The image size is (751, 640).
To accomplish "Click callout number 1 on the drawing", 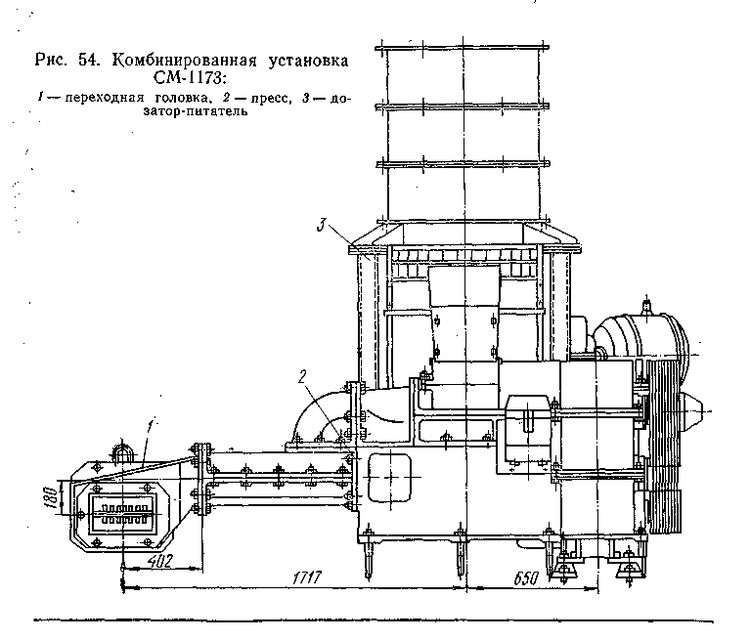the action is (x=149, y=426).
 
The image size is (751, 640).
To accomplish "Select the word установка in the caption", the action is (x=303, y=60).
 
